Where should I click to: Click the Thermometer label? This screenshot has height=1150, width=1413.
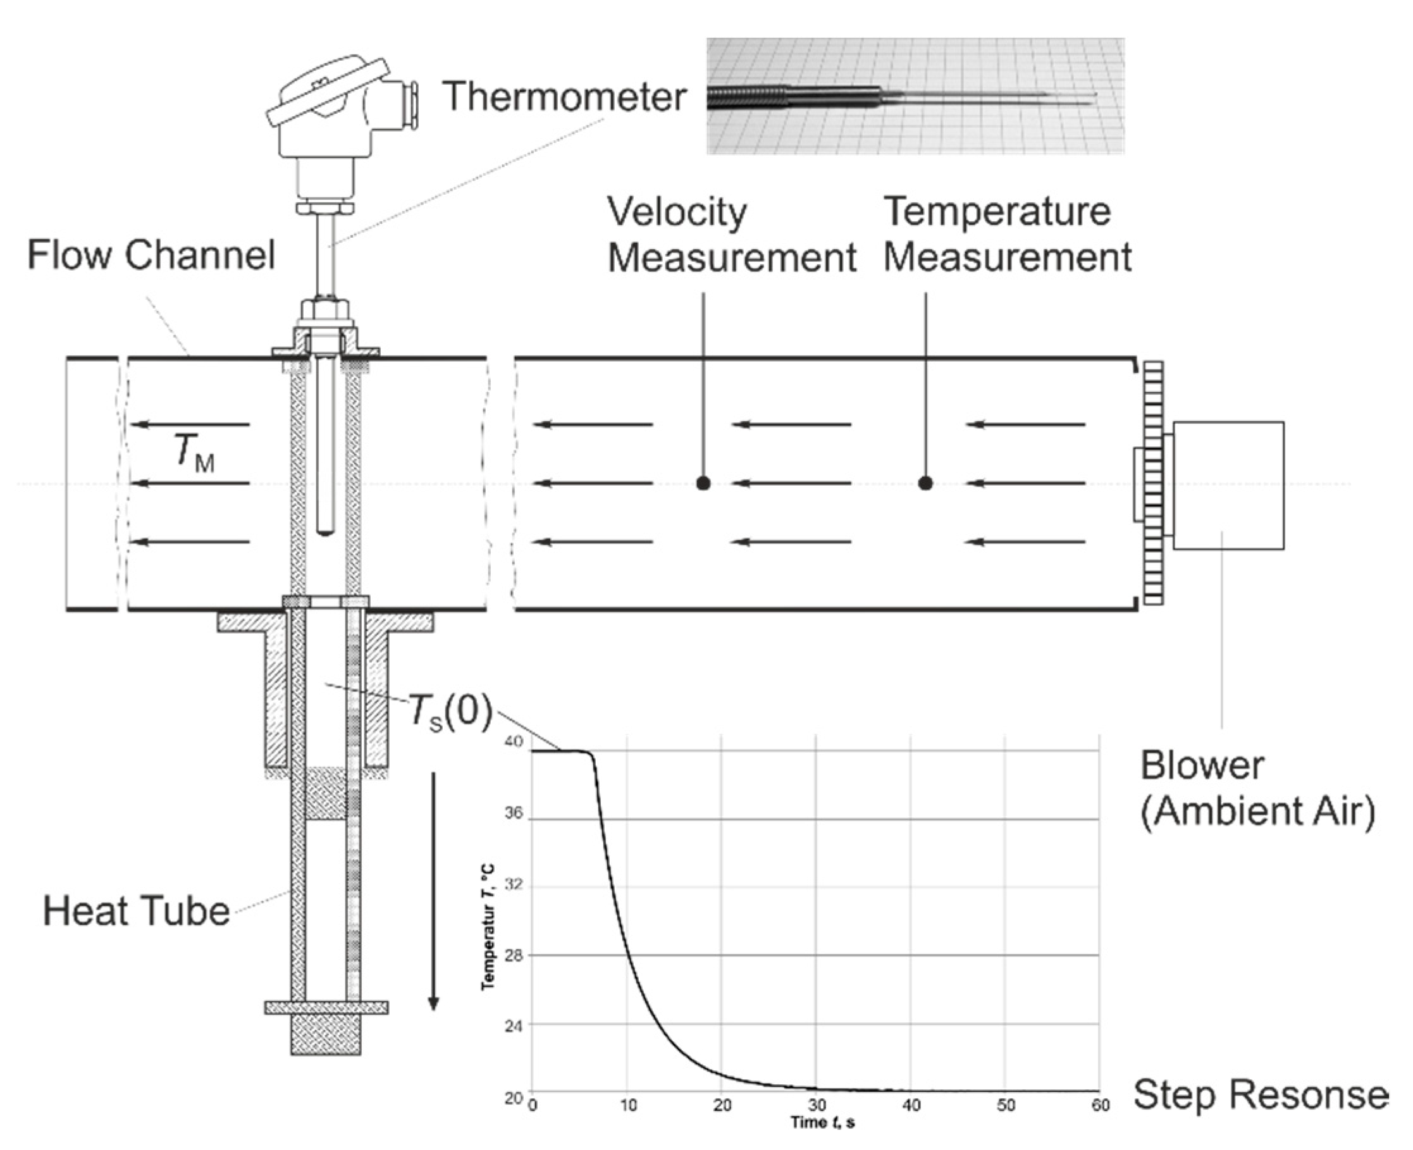564,97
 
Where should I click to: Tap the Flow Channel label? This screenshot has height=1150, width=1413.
151,255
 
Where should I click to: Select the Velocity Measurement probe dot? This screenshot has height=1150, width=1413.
703,483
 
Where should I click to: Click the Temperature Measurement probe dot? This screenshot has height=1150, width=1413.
925,483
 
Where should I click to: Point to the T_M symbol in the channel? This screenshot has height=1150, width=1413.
194,452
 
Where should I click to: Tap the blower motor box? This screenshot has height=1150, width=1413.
1228,485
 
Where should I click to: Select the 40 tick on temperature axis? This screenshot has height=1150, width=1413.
514,741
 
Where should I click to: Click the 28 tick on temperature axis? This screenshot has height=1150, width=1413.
514,955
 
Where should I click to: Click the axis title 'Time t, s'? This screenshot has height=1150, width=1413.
822,1122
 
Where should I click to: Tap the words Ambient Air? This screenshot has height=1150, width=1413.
1257,811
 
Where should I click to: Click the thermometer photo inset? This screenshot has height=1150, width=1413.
914,96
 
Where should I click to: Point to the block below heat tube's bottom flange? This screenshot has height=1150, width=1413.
326,1034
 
